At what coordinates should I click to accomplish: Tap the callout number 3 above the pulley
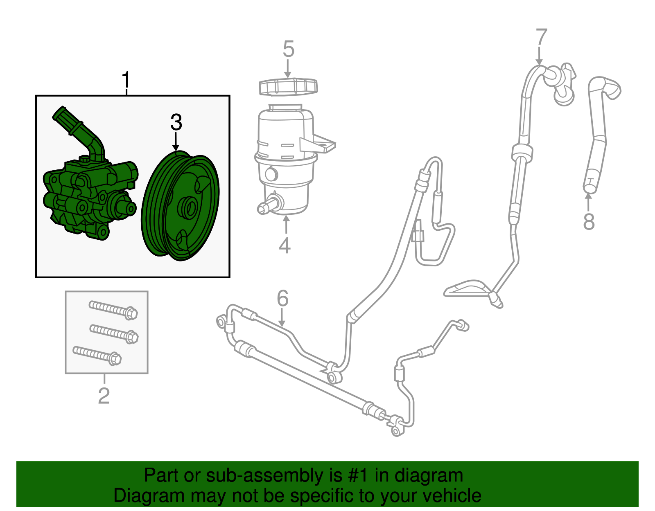tap(176, 122)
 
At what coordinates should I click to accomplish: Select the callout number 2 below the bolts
tap(104, 396)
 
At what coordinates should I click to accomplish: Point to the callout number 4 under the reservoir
tap(285, 245)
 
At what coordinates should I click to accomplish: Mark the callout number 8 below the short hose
tap(589, 222)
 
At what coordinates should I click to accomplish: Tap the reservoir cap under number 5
tap(289, 87)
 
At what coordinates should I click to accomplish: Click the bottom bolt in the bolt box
tap(97, 355)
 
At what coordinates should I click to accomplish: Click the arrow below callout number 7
tap(540, 56)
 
